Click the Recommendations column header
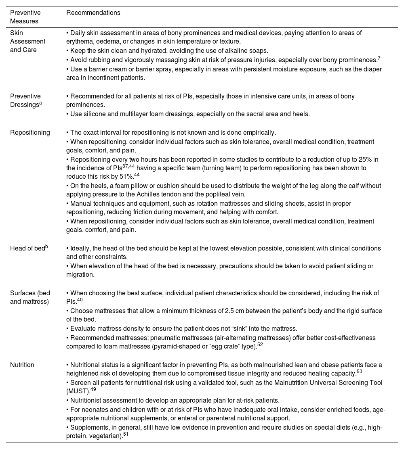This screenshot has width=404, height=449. pos(93,13)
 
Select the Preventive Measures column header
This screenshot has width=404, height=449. pos(25,17)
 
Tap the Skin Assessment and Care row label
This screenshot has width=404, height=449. pos(27,42)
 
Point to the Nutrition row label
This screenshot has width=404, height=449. pos(22,365)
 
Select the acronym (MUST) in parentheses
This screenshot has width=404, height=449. pos(78,391)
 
